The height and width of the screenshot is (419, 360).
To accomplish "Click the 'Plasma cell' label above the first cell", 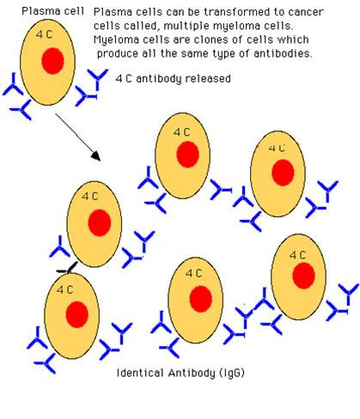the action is point(53,11).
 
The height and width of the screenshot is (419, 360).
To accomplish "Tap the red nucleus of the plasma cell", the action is point(52,61).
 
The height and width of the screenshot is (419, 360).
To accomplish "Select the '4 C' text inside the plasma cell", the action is point(45,34).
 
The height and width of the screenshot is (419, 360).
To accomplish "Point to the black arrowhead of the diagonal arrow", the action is point(96,156).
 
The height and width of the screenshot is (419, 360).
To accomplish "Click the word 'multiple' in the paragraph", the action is point(185,27).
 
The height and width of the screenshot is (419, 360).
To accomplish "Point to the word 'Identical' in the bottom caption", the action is point(140,373).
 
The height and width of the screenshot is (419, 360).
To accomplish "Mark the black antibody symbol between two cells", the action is point(68,269).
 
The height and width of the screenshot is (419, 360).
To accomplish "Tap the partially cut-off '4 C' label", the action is point(277,148).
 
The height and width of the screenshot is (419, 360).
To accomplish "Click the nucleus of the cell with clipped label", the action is point(283,173).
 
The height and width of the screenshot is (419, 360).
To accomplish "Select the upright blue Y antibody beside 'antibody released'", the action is point(98,79).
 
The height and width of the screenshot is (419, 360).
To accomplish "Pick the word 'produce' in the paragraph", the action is point(118,54).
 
